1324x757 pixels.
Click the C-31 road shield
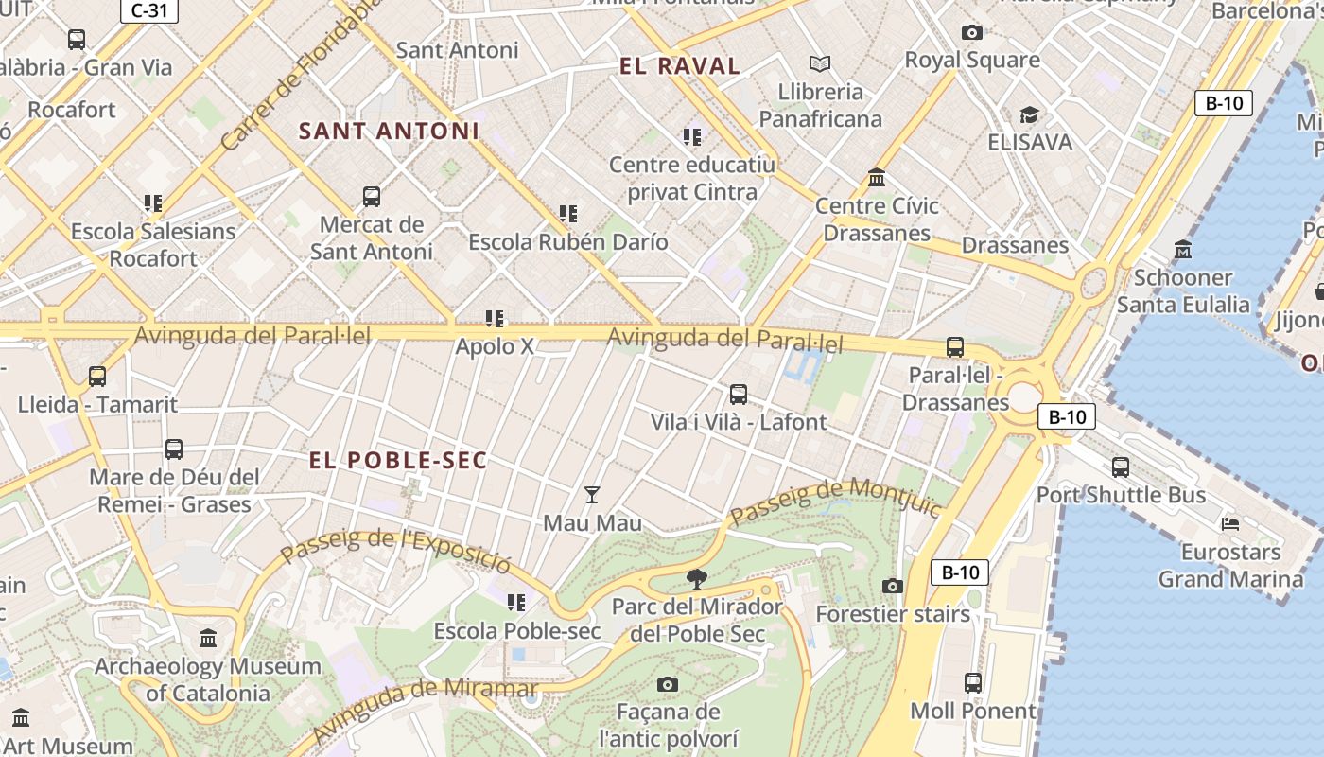coord(149,11)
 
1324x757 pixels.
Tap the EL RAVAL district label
coord(679,66)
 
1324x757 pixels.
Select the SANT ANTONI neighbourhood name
coord(389,132)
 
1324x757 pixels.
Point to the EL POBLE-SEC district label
coord(398,461)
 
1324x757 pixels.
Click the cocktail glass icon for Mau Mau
coord(592,494)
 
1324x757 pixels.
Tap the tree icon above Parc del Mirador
coord(697,578)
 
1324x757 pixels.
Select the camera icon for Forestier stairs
coord(892,586)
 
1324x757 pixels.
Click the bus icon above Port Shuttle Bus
coord(1121,467)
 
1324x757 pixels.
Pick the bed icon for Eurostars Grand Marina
coord(1230,523)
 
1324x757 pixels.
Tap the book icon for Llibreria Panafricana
coord(820,63)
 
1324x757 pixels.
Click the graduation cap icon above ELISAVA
coord(1029,114)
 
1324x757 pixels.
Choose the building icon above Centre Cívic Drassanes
coord(877,178)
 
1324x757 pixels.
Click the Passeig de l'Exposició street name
coord(396,551)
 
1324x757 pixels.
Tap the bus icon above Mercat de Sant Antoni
coord(372,197)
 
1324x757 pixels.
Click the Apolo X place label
coord(495,346)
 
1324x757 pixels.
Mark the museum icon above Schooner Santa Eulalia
coord(1183,250)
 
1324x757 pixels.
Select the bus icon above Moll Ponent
coord(973,682)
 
